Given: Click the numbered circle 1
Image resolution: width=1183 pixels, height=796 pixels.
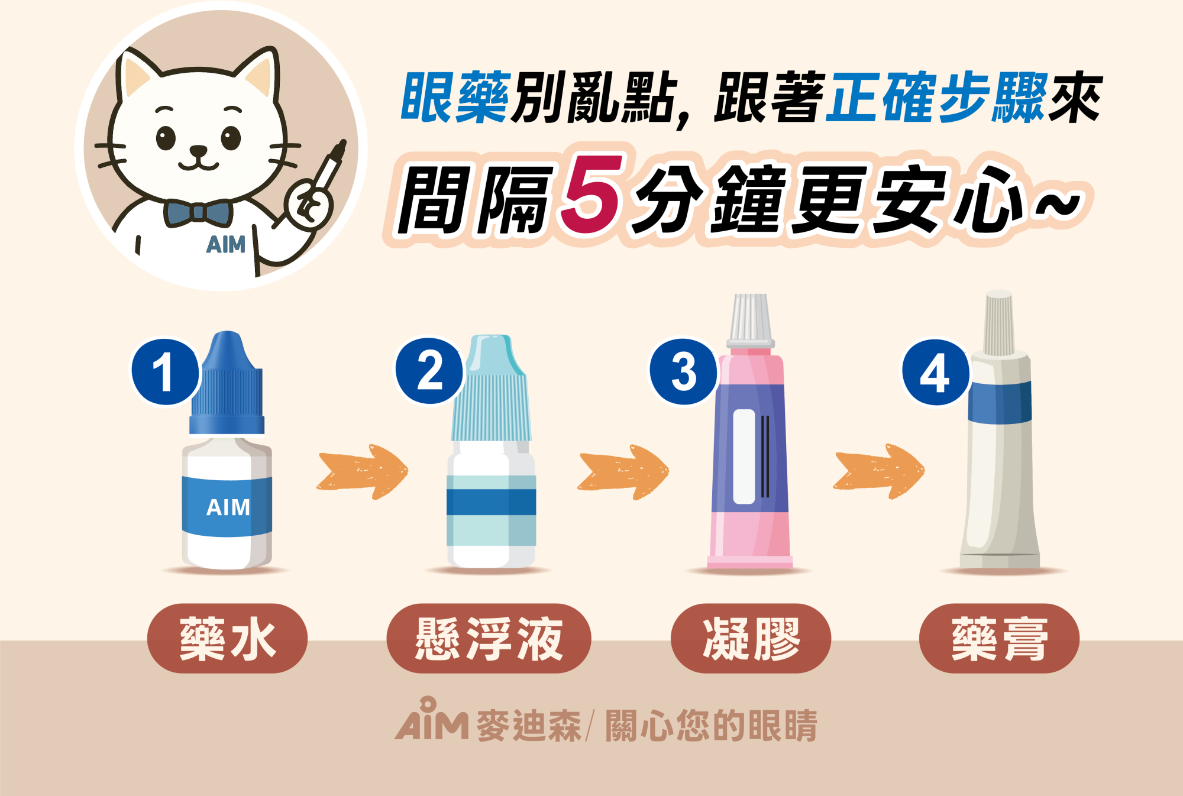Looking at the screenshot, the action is (165, 372).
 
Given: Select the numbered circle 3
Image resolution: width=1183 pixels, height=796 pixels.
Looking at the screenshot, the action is (684, 371).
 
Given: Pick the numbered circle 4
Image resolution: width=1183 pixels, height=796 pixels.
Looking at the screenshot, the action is (936, 372).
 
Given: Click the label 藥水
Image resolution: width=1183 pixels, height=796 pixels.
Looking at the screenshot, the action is (227, 638).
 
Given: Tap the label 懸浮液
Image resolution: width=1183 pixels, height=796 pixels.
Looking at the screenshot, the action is (489, 638).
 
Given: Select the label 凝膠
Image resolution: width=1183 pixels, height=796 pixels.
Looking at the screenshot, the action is (751, 638).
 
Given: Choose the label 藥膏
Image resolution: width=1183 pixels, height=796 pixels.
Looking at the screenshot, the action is (999, 638).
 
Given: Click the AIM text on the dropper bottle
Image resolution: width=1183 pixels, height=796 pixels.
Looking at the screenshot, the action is (228, 507).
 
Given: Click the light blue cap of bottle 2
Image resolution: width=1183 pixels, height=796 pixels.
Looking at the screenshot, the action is (491, 388).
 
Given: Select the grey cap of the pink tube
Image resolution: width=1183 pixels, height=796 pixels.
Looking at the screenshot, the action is (750, 321).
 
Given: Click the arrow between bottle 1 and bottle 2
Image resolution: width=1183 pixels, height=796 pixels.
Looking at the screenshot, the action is (363, 472).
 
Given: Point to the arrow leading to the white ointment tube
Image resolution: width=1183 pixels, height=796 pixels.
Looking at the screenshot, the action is (878, 471).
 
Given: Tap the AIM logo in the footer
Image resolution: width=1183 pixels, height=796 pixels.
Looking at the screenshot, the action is (432, 720).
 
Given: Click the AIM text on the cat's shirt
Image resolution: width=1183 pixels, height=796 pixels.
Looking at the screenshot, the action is (225, 244).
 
